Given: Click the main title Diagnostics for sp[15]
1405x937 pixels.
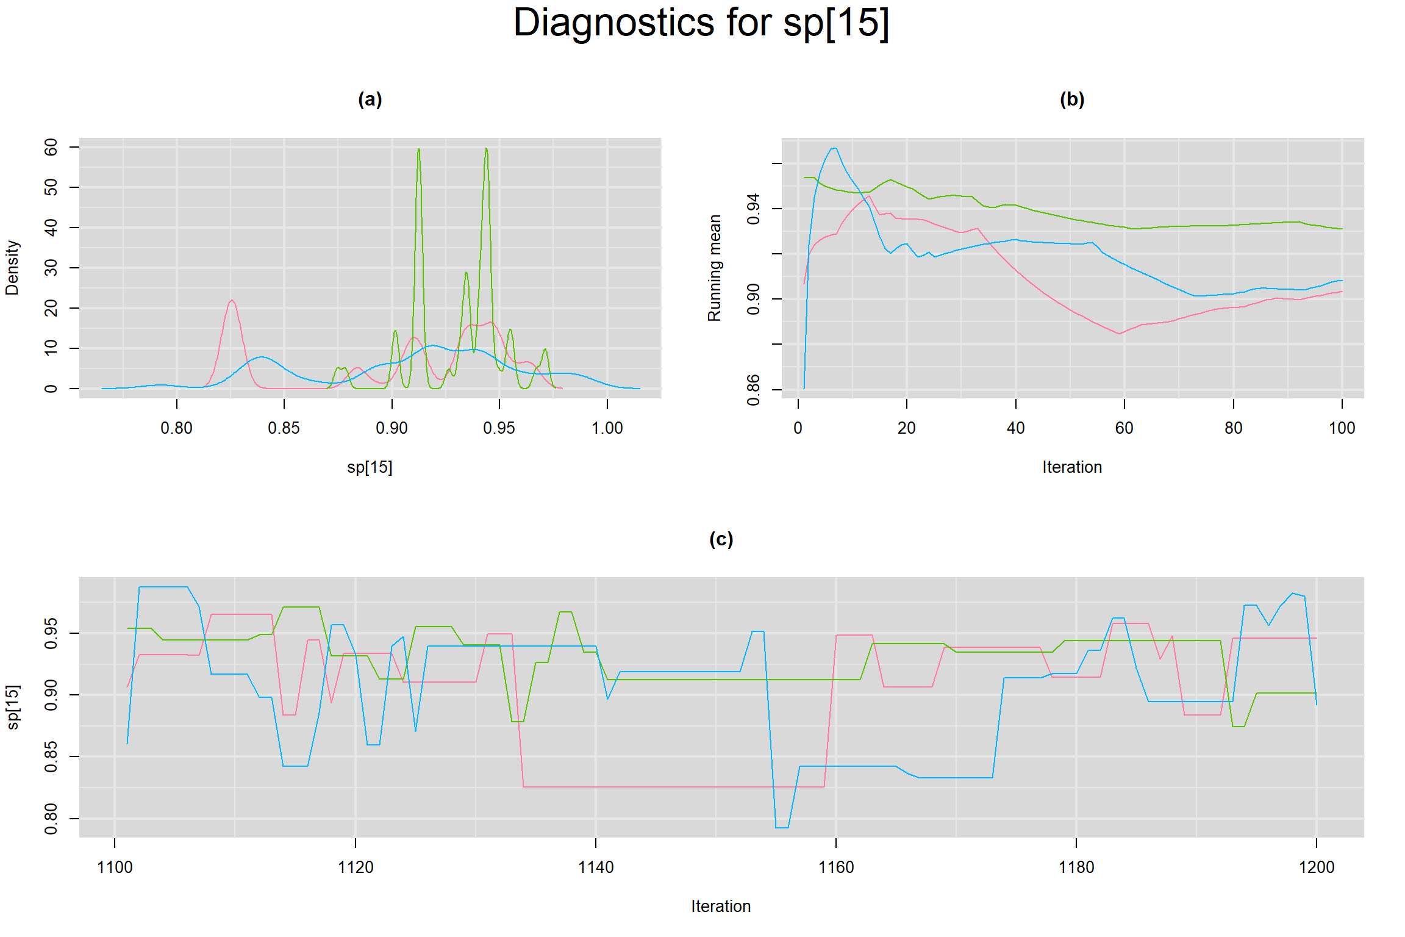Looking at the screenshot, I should pos(701,23).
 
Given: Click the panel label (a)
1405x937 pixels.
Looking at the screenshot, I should pos(370,99).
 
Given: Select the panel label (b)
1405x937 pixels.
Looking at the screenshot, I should pos(1072,99).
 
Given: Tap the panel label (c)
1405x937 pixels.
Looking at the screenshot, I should pos(721,539).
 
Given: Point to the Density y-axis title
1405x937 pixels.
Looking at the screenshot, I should pos(12,267).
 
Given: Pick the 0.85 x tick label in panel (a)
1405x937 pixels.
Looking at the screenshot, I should pos(284,428).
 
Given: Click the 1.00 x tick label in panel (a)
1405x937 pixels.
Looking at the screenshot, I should pos(607,428).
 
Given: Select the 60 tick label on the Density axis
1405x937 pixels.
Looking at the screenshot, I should pos(51,147).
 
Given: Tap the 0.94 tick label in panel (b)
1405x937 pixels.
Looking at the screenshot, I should pos(754,209).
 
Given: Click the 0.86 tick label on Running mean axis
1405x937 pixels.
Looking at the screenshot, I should pos(754,389).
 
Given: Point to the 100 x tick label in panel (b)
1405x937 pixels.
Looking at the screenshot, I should pos(1342,428).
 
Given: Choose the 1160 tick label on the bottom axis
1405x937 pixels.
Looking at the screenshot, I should pos(835,867).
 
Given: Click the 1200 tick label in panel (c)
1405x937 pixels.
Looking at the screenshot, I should pos(1317,867).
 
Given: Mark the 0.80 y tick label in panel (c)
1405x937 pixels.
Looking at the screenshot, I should pos(51,818).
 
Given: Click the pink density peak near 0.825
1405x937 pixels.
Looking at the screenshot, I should pos(232,300).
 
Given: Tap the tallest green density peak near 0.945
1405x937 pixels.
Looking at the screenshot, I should pos(486,149).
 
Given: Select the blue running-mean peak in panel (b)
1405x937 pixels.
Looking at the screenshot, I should pos(834,148).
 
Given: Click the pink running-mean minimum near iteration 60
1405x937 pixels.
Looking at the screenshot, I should pos(1120,333).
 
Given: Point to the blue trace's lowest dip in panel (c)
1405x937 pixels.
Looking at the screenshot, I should pos(782,827).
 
